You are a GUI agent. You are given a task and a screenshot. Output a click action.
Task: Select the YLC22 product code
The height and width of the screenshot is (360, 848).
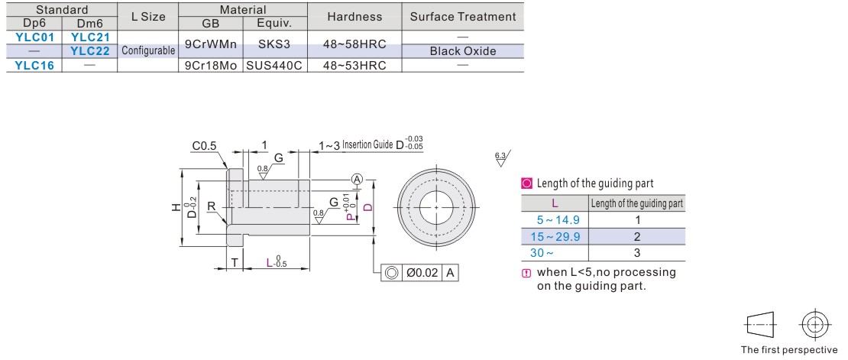pos(90,51)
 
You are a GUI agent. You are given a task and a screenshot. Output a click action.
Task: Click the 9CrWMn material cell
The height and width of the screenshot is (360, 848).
pos(210,44)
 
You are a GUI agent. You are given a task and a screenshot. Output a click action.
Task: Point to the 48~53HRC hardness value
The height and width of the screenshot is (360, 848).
pos(354,65)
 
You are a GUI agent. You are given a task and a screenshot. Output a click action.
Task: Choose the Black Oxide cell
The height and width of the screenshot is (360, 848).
pos(463,51)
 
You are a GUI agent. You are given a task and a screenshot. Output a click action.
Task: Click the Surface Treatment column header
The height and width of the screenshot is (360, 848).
pos(463,16)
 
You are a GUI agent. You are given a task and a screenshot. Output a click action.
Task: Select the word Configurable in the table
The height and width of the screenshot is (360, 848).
pos(148,51)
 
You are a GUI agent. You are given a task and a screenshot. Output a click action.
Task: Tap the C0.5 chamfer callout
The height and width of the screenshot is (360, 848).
pos(204,146)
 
